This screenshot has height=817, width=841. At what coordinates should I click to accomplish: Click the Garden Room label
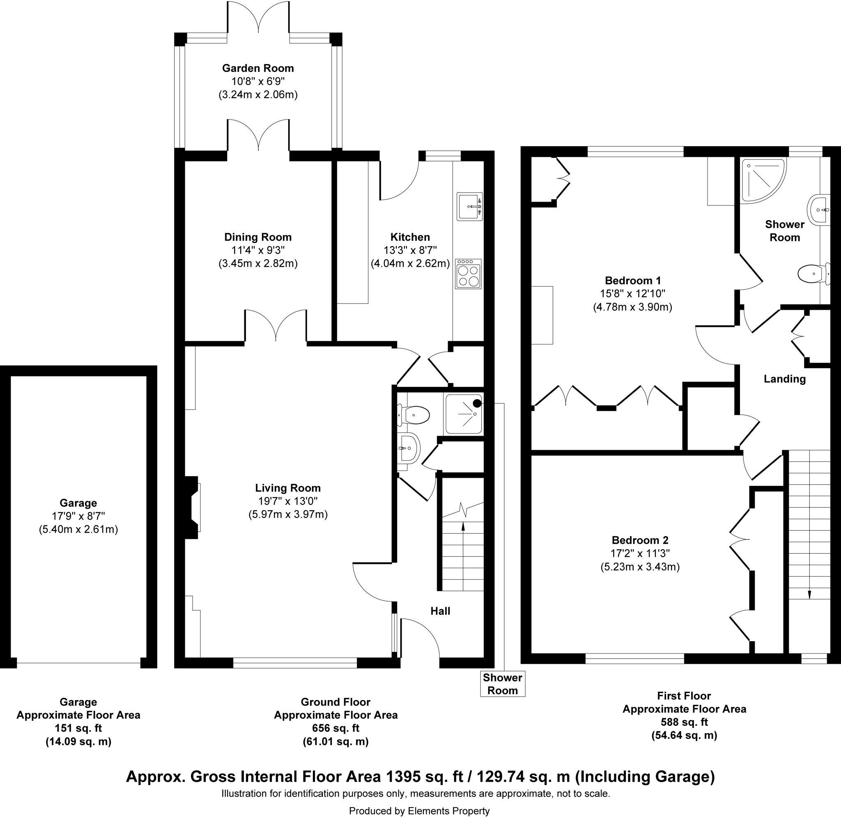coord(257,68)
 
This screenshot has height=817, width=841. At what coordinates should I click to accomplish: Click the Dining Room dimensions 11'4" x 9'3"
coord(257,250)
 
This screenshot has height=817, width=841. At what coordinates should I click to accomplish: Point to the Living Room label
coord(287,488)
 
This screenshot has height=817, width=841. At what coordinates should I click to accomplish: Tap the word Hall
coord(440,611)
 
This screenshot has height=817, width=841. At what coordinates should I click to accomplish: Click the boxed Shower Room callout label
coord(503,684)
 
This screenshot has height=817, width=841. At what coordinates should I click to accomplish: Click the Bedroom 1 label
coord(633,281)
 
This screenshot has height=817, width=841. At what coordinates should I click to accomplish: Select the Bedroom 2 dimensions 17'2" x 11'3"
coord(640,553)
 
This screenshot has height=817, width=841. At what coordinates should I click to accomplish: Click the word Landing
coord(784,379)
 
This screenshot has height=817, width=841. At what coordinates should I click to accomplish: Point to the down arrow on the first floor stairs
coord(809,594)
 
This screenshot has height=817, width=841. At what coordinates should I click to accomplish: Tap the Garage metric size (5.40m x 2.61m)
coord(78,529)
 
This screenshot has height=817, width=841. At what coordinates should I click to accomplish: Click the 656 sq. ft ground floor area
coord(335,728)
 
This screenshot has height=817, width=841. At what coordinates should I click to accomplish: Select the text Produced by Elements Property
coord(419,810)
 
